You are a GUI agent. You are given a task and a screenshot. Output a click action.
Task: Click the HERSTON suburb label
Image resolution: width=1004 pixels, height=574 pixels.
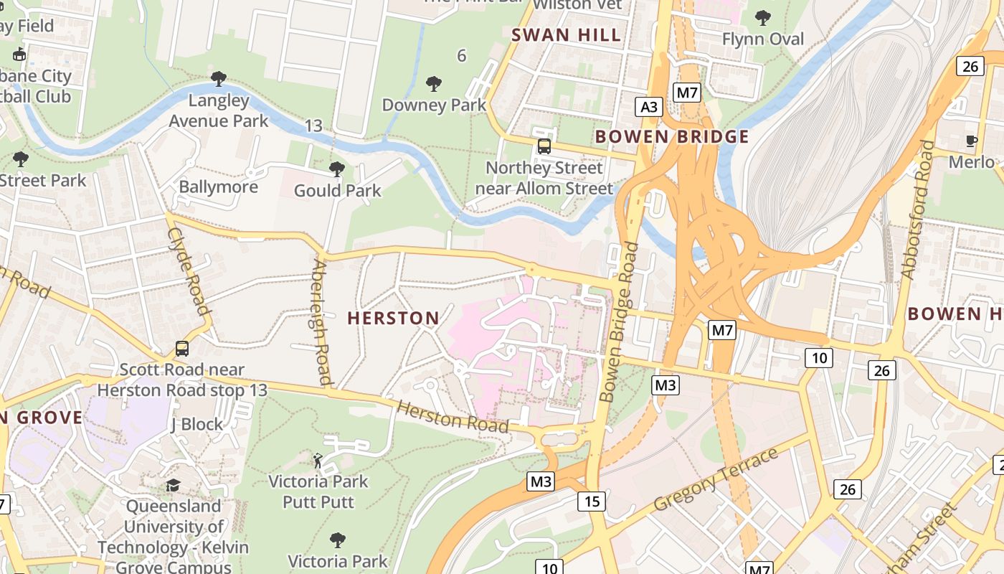coord(393,318)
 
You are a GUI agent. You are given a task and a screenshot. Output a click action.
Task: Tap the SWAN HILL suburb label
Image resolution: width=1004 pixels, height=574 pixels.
coord(566,35)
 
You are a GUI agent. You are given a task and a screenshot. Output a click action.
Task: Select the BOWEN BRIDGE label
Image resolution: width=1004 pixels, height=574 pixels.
coord(672,136)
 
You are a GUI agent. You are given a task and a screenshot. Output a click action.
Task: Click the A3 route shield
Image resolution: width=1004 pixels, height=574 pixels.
coord(648,108)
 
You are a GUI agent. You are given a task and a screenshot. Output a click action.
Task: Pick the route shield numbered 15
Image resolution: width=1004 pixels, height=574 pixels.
coord(591,501)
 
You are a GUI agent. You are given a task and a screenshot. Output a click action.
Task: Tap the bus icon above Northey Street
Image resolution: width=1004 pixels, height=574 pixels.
coord(544,146)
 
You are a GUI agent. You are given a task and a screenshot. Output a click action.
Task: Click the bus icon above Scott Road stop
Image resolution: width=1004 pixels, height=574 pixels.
coord(182,349)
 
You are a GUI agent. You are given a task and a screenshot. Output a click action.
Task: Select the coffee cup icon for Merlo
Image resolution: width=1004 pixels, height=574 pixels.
coord(972,141)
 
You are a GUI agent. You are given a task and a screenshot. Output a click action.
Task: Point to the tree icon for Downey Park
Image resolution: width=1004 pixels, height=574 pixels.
coord(433,84)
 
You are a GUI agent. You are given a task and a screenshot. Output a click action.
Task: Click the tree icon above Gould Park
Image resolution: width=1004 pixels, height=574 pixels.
coord(336,169)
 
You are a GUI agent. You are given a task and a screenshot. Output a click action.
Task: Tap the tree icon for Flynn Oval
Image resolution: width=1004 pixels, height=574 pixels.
coord(763,17)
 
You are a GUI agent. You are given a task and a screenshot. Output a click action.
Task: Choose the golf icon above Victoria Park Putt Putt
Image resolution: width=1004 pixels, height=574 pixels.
coord(318,460)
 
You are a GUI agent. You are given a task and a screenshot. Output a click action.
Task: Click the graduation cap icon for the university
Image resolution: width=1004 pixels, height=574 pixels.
coord(173,486)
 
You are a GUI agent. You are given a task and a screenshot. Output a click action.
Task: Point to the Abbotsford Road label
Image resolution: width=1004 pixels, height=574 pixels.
coord(919,210)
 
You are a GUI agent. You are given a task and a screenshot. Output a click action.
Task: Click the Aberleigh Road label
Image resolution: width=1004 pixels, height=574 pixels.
coord(320,323)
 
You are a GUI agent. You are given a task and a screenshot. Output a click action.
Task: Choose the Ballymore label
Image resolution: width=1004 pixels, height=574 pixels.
coord(218,187)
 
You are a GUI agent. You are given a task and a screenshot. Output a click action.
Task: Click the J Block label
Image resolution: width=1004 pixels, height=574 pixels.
coord(196,424)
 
